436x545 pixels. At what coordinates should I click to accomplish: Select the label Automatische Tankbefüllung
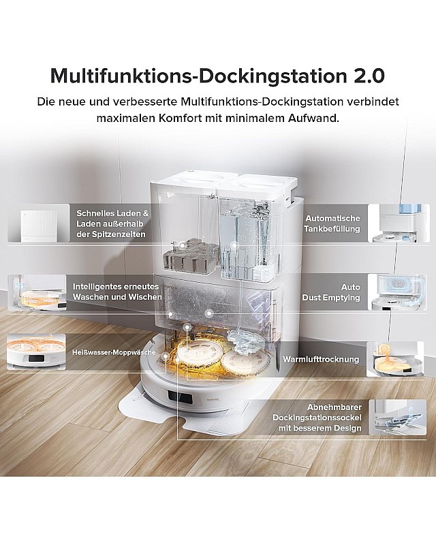coord(332,223)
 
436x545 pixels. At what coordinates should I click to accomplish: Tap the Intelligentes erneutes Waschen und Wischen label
coord(117,292)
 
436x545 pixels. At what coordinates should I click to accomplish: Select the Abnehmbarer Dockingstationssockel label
coord(316,416)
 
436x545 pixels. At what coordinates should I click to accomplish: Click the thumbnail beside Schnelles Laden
coord(37,223)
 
